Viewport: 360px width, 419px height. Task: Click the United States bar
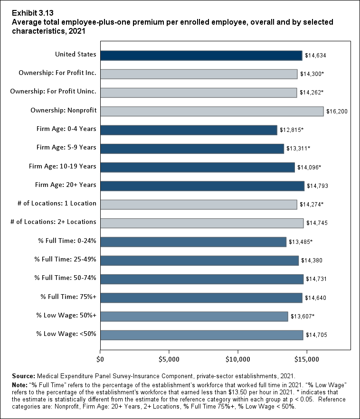coord(201,55)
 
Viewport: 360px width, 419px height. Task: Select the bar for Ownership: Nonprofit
coord(212,111)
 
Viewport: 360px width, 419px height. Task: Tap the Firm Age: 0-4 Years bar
coord(189,130)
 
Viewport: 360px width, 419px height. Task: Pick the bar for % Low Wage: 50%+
coord(194,316)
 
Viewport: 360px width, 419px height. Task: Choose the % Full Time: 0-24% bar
coord(193,242)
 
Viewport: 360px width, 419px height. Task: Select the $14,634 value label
coord(315,56)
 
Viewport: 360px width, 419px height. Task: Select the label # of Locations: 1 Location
coord(57,203)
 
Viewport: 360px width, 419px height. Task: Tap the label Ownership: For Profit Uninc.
coord(53,92)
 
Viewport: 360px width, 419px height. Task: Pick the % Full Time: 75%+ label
coord(68,297)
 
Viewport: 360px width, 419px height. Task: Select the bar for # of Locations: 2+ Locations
coord(202,223)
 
